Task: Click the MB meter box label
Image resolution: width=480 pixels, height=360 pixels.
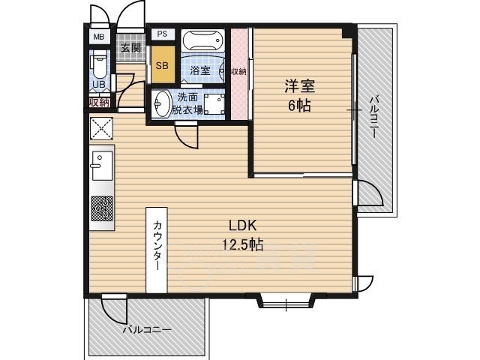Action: click(x=99, y=37)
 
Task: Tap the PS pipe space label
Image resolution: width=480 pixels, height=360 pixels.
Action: click(x=163, y=34)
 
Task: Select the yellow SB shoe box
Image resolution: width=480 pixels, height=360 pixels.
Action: click(x=163, y=64)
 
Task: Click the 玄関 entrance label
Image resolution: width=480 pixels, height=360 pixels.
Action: click(x=130, y=48)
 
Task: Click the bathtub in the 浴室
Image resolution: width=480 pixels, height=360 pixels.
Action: click(x=202, y=40)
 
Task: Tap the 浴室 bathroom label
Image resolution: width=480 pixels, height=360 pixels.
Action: click(x=200, y=70)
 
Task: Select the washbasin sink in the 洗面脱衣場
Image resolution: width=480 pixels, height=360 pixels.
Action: click(x=162, y=103)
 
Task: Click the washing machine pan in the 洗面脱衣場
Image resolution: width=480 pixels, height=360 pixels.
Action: click(x=214, y=104)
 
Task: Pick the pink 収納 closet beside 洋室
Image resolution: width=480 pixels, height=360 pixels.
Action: click(x=239, y=73)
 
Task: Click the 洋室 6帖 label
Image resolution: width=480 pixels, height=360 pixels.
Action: click(x=300, y=95)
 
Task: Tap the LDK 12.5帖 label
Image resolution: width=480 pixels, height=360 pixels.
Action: click(x=242, y=235)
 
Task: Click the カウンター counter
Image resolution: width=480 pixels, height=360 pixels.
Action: click(x=157, y=250)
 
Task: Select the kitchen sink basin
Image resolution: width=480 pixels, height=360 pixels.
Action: click(x=102, y=166)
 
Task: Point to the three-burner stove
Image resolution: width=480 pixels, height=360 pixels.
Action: click(x=102, y=208)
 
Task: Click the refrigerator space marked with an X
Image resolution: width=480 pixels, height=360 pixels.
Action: click(x=101, y=128)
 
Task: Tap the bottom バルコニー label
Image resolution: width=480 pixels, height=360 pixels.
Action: click(x=147, y=330)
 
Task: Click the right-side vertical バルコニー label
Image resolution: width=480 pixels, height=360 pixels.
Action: click(x=373, y=117)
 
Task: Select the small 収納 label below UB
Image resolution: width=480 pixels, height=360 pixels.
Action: click(x=99, y=103)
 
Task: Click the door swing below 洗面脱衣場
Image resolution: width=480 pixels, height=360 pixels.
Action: click(x=187, y=135)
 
